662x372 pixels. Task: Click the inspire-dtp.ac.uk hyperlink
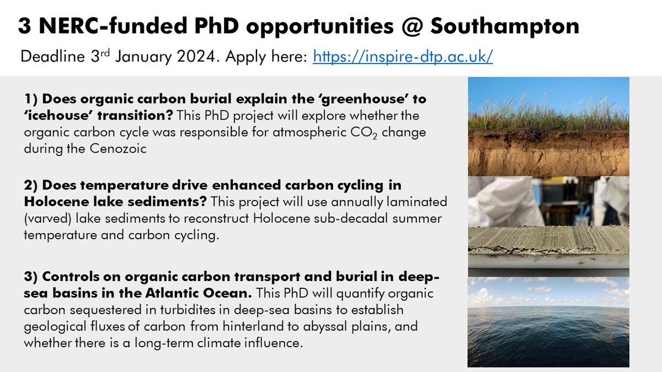(402, 56)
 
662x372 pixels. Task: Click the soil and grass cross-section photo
(548, 126)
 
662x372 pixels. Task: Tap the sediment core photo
(548, 226)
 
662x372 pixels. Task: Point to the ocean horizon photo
(548, 321)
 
